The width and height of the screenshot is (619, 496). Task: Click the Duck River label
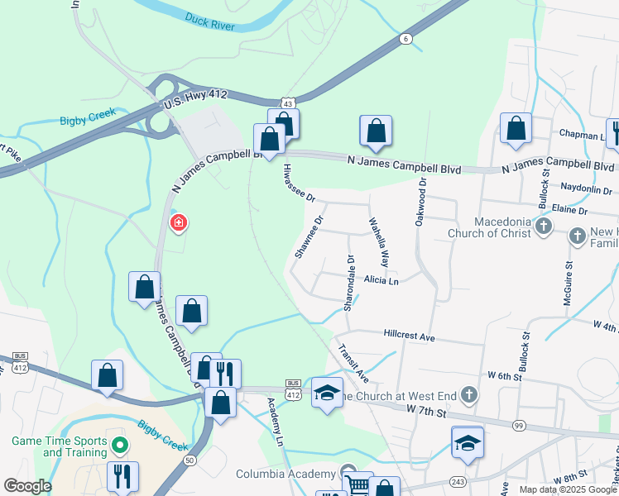coord(211,21)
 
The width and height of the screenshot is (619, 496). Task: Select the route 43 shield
coord(287,103)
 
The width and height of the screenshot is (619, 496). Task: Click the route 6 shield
coord(405,39)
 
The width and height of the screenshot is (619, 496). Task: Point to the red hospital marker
coord(178,222)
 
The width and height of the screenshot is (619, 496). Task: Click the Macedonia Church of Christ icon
coord(544,227)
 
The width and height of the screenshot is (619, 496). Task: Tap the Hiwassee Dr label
coord(300,183)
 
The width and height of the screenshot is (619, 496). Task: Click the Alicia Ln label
coord(381,281)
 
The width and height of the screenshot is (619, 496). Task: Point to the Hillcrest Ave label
coord(409,337)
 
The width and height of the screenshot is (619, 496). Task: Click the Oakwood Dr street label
coord(421,203)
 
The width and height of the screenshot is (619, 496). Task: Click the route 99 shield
coord(519,425)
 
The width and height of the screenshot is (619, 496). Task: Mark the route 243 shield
coord(458,481)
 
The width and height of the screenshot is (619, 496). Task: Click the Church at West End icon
coord(469,395)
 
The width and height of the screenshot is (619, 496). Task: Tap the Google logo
coord(26,485)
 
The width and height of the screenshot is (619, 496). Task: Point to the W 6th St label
coord(505,376)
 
